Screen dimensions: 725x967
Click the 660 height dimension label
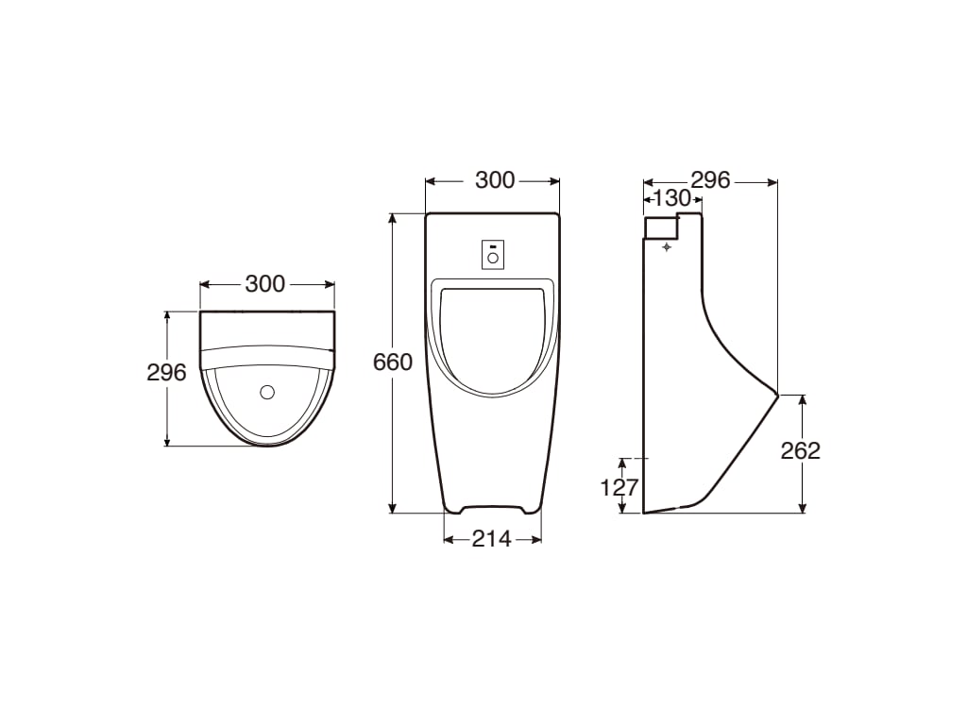393,362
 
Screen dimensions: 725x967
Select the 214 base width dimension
491,539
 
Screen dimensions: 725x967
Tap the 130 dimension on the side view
672,198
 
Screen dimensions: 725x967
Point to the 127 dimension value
620,487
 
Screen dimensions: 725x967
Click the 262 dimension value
801,451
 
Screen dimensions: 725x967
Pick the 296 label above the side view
710,179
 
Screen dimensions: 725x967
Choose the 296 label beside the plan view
166,373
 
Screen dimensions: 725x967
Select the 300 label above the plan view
265,283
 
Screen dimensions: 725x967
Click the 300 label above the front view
495,179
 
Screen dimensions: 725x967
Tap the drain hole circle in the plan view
267,391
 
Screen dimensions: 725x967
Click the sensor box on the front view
492,253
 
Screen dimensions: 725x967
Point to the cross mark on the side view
668,246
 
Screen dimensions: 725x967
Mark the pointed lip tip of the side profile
777,394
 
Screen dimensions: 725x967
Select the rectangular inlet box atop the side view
660,227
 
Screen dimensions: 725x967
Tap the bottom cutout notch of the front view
492,509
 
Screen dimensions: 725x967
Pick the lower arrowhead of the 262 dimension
802,508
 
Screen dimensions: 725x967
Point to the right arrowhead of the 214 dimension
537,539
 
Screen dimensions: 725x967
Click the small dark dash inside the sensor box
492,245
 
